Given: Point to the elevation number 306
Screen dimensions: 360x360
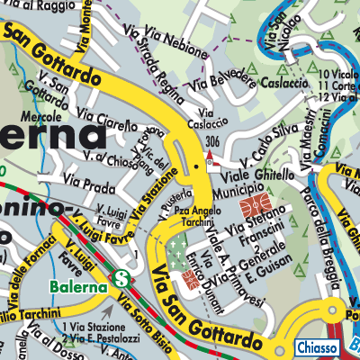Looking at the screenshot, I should [x=212, y=141].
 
